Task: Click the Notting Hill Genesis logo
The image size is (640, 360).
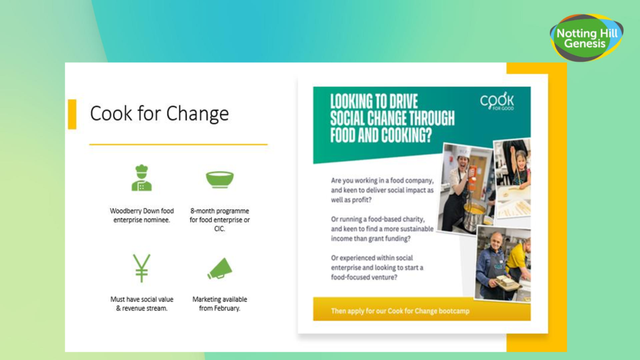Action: (x=586, y=38)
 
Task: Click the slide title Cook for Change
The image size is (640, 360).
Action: (x=159, y=114)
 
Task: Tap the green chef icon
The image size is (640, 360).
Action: (x=142, y=177)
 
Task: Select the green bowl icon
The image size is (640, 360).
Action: (x=219, y=179)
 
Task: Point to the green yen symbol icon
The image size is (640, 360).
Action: (x=142, y=268)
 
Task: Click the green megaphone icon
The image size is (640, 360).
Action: (x=219, y=269)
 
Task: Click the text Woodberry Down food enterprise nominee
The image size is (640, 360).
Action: (x=142, y=215)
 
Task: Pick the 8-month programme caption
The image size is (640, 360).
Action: (x=219, y=219)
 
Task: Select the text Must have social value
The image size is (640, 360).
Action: (x=142, y=299)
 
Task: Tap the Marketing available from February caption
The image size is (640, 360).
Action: (x=219, y=304)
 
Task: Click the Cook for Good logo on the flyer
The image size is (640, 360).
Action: (x=497, y=101)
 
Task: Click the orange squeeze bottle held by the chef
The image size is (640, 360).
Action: (x=472, y=179)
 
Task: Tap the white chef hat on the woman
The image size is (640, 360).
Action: (x=464, y=152)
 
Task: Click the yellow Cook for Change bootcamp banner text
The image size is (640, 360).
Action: (x=400, y=311)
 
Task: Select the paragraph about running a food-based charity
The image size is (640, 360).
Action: (x=382, y=229)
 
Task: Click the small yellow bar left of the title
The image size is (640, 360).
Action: (x=72, y=114)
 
